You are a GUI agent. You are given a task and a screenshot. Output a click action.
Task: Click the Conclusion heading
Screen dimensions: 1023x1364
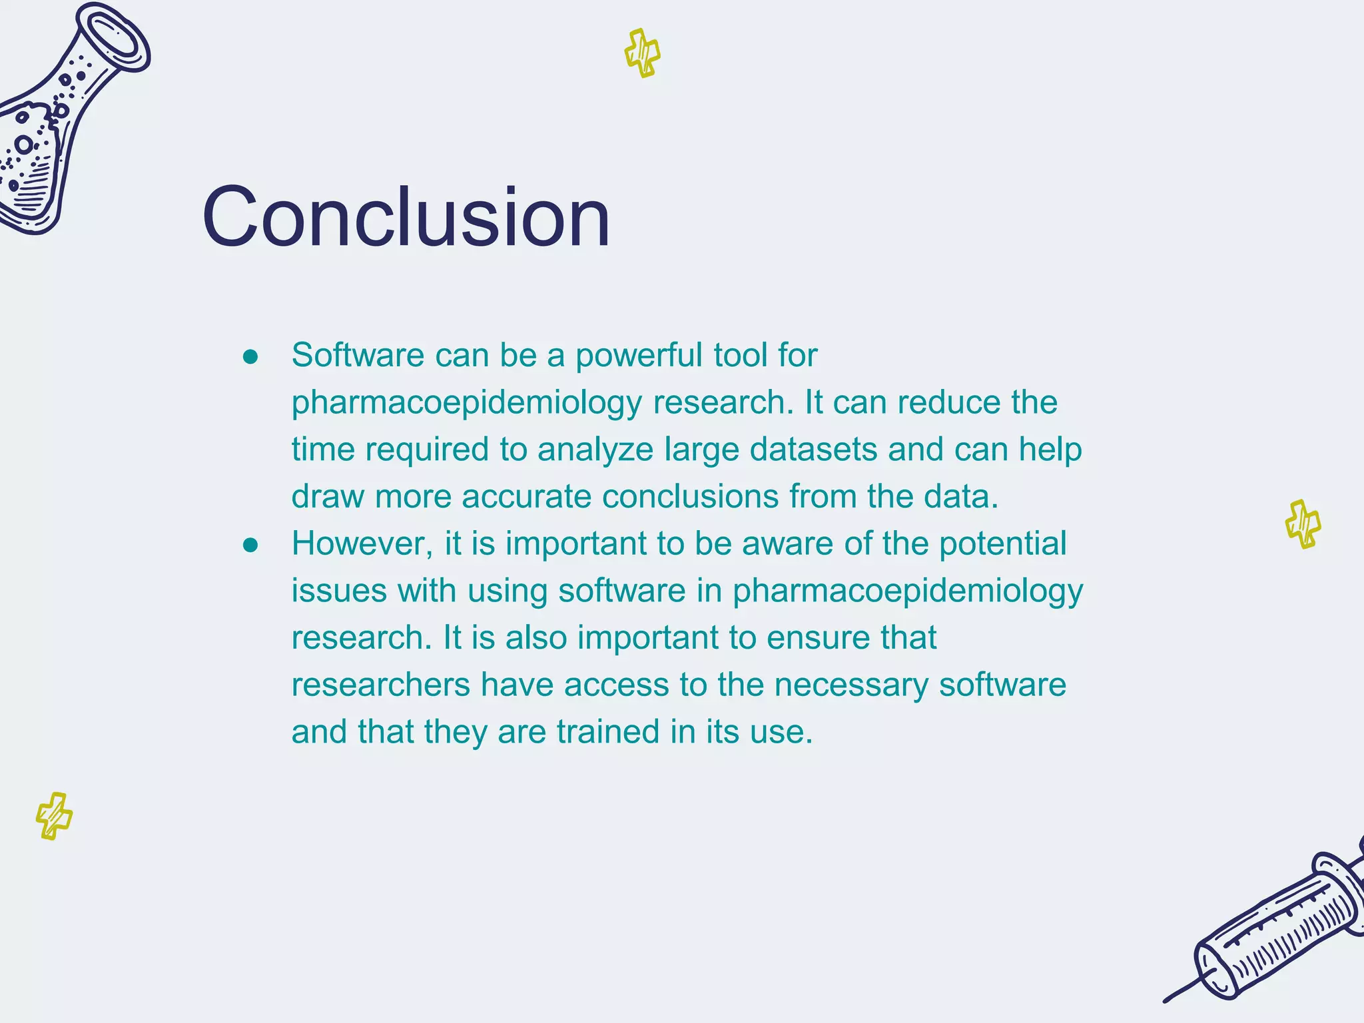click(x=406, y=218)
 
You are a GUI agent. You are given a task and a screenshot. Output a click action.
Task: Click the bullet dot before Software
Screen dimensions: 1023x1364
click(x=250, y=358)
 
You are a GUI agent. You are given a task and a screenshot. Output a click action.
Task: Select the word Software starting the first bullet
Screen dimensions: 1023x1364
click(x=358, y=355)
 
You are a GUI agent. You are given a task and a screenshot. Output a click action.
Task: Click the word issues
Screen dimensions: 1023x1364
click(x=339, y=591)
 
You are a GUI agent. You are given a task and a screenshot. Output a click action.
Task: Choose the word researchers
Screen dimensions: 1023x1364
click(x=380, y=685)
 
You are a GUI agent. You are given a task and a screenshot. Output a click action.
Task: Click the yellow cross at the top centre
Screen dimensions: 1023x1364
click(x=643, y=53)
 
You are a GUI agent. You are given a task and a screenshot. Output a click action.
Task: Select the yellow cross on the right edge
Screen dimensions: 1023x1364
click(x=1303, y=524)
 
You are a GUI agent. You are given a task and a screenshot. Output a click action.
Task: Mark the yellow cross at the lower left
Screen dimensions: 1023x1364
click(x=54, y=816)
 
